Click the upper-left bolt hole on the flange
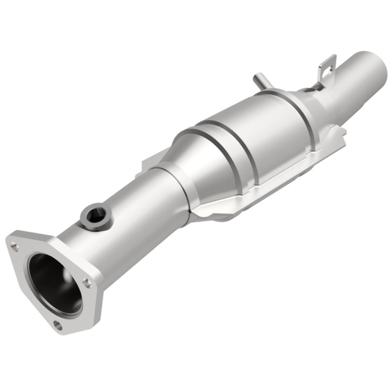(x=15, y=247)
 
